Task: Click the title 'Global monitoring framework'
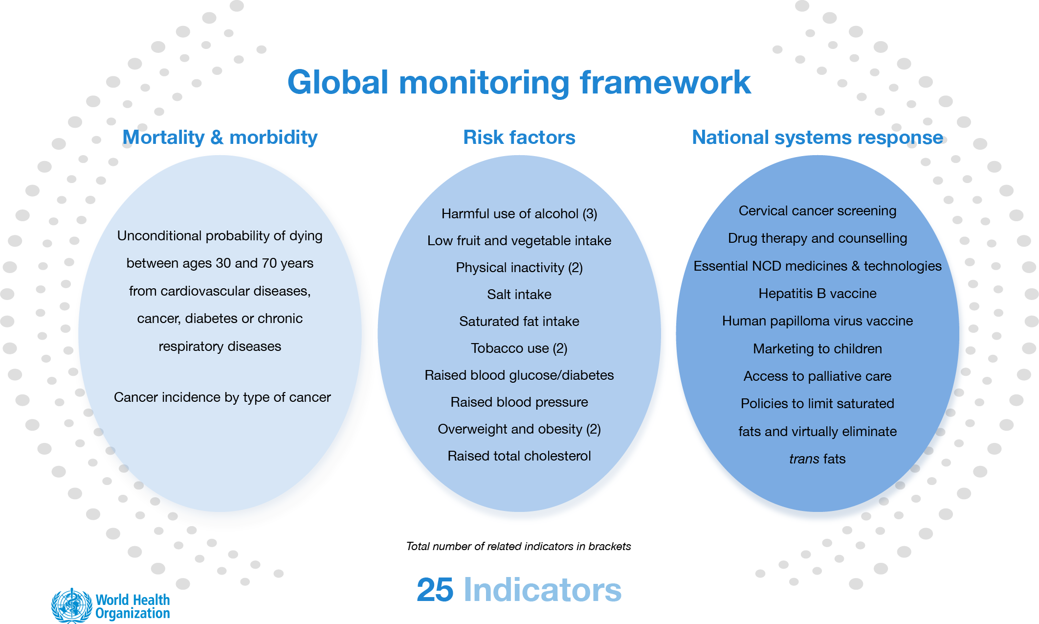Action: pos(519,82)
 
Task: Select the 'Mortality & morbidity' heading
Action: pos(220,138)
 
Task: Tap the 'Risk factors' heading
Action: pos(519,138)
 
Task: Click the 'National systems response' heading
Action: pos(817,138)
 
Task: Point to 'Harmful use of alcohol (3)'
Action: pos(519,214)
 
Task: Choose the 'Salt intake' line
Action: pos(519,295)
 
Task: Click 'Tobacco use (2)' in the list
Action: pos(519,348)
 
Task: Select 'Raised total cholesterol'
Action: pos(519,456)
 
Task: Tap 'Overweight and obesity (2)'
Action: pos(519,429)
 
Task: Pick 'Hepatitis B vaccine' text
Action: pos(817,294)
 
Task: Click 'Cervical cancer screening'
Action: pos(817,211)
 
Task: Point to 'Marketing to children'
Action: pos(817,349)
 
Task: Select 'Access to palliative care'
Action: pos(817,376)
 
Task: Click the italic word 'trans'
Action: pos(804,459)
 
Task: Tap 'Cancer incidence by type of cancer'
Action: pos(222,397)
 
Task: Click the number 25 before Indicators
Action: pos(435,590)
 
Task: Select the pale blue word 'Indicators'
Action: pos(542,590)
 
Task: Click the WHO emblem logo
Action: pos(71,606)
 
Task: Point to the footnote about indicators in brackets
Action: pos(518,546)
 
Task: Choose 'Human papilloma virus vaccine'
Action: pos(817,321)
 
